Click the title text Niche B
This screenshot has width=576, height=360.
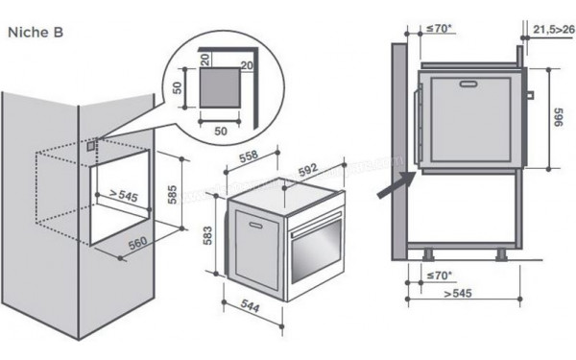click(36, 32)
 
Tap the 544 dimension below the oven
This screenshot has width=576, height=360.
click(251, 306)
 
